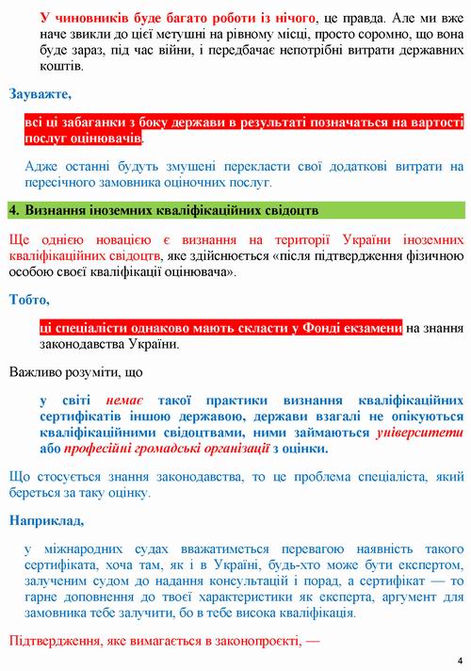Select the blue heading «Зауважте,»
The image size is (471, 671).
click(39, 94)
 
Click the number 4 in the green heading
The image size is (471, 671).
click(12, 207)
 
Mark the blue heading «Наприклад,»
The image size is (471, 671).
click(44, 519)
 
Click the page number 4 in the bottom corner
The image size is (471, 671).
click(460, 660)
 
